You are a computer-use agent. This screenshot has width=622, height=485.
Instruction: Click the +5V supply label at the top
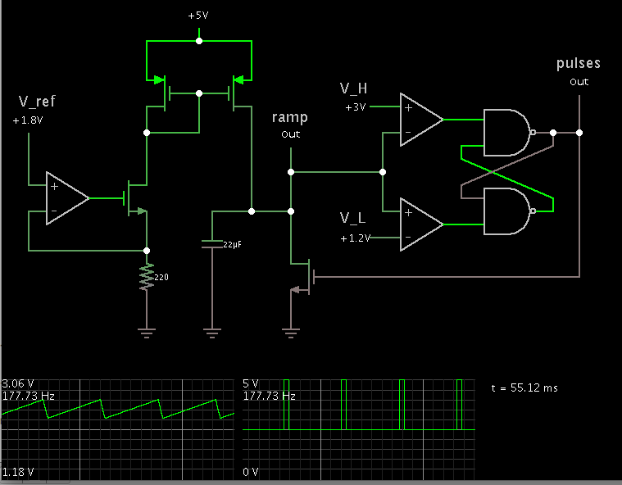[x=199, y=16]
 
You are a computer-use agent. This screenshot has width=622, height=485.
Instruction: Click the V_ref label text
[x=37, y=102]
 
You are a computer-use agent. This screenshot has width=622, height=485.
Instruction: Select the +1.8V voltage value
[x=28, y=120]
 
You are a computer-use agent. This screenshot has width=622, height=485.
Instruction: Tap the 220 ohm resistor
[x=147, y=277]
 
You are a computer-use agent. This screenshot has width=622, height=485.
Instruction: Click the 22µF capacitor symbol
[x=212, y=244]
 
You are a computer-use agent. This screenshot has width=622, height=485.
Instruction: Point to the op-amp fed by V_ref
[x=66, y=198]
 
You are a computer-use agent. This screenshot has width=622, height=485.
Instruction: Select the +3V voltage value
[x=355, y=107]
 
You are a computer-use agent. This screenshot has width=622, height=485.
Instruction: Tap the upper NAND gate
[x=508, y=132]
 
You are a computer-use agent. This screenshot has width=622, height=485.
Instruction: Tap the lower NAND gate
[x=508, y=211]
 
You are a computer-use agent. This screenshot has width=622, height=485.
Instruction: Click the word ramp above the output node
[x=290, y=118]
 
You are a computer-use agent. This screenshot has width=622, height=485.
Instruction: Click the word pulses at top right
[x=579, y=63]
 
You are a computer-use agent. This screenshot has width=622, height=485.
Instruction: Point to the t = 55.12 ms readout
[x=524, y=388]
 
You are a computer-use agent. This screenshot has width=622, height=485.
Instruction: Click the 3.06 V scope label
[x=17, y=383]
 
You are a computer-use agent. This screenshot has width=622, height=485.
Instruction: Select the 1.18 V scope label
[x=17, y=472]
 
